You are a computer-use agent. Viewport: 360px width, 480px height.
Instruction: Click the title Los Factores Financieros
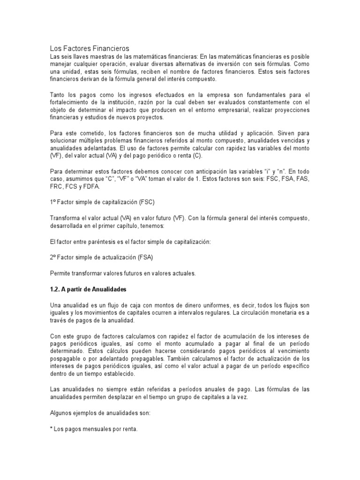pyautogui.click(x=90, y=48)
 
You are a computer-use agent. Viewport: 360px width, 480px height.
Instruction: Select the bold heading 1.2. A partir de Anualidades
pyautogui.click(x=88, y=289)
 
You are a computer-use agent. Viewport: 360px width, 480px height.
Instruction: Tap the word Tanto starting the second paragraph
pyautogui.click(x=59, y=95)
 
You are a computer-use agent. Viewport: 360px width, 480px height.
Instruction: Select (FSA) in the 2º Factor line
pyautogui.click(x=144, y=257)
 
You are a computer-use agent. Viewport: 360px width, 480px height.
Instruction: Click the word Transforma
pyautogui.click(x=66, y=218)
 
